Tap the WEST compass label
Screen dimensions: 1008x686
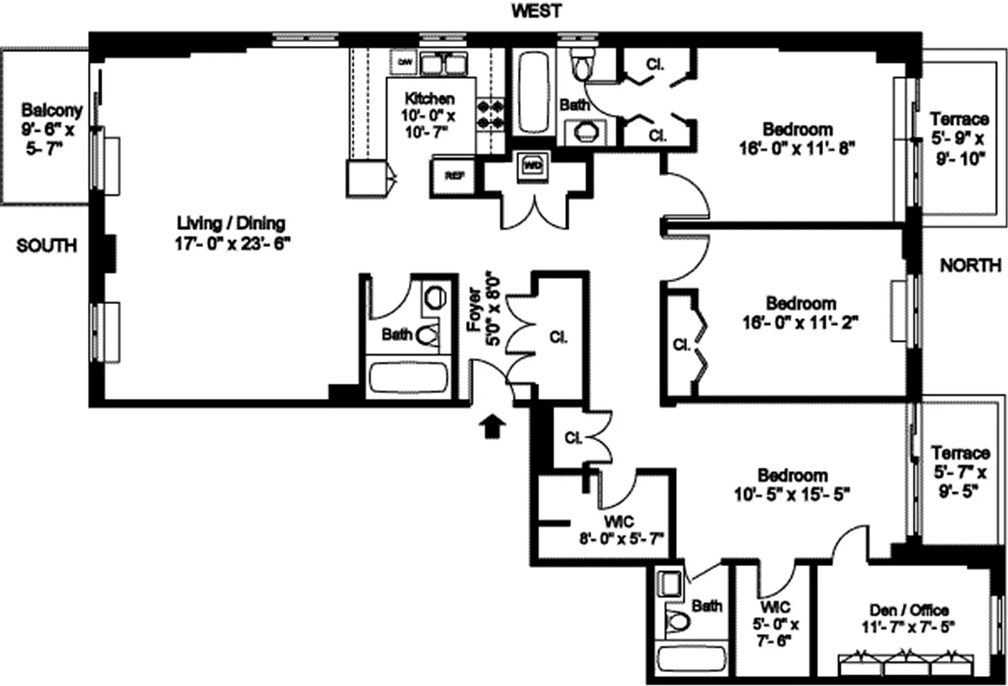(x=536, y=11)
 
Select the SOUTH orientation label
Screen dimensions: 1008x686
(x=47, y=246)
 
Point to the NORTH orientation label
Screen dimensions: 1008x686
(x=970, y=265)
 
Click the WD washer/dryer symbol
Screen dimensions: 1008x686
(x=532, y=165)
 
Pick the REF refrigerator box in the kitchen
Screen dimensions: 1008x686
(x=454, y=176)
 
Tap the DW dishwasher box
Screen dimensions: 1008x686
(x=405, y=62)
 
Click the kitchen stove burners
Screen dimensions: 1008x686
(x=490, y=114)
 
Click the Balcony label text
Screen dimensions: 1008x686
(x=51, y=129)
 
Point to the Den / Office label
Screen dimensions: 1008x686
(x=908, y=618)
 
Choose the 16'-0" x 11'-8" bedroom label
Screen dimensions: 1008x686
(x=797, y=139)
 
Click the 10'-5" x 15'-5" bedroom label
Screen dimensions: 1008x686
(x=792, y=484)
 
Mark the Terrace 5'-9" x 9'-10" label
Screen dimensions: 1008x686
(x=959, y=139)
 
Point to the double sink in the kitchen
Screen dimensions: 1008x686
(x=442, y=64)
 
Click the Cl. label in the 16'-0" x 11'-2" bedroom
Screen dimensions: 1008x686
(x=681, y=345)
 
